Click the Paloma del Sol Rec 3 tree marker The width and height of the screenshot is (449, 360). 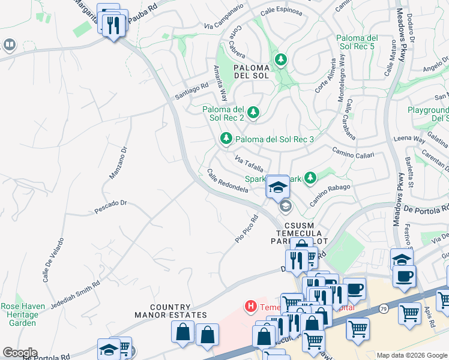click(226, 139)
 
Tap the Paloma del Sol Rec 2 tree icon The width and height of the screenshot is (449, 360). click(253, 112)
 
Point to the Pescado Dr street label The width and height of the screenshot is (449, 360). click(110, 207)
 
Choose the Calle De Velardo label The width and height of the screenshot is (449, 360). click(49, 265)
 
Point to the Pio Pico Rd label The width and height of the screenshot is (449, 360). click(246, 229)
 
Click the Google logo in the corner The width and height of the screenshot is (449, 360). click(20, 352)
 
